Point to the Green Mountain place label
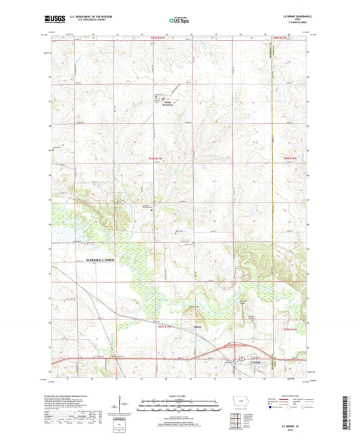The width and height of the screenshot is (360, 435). tap(166, 104)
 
